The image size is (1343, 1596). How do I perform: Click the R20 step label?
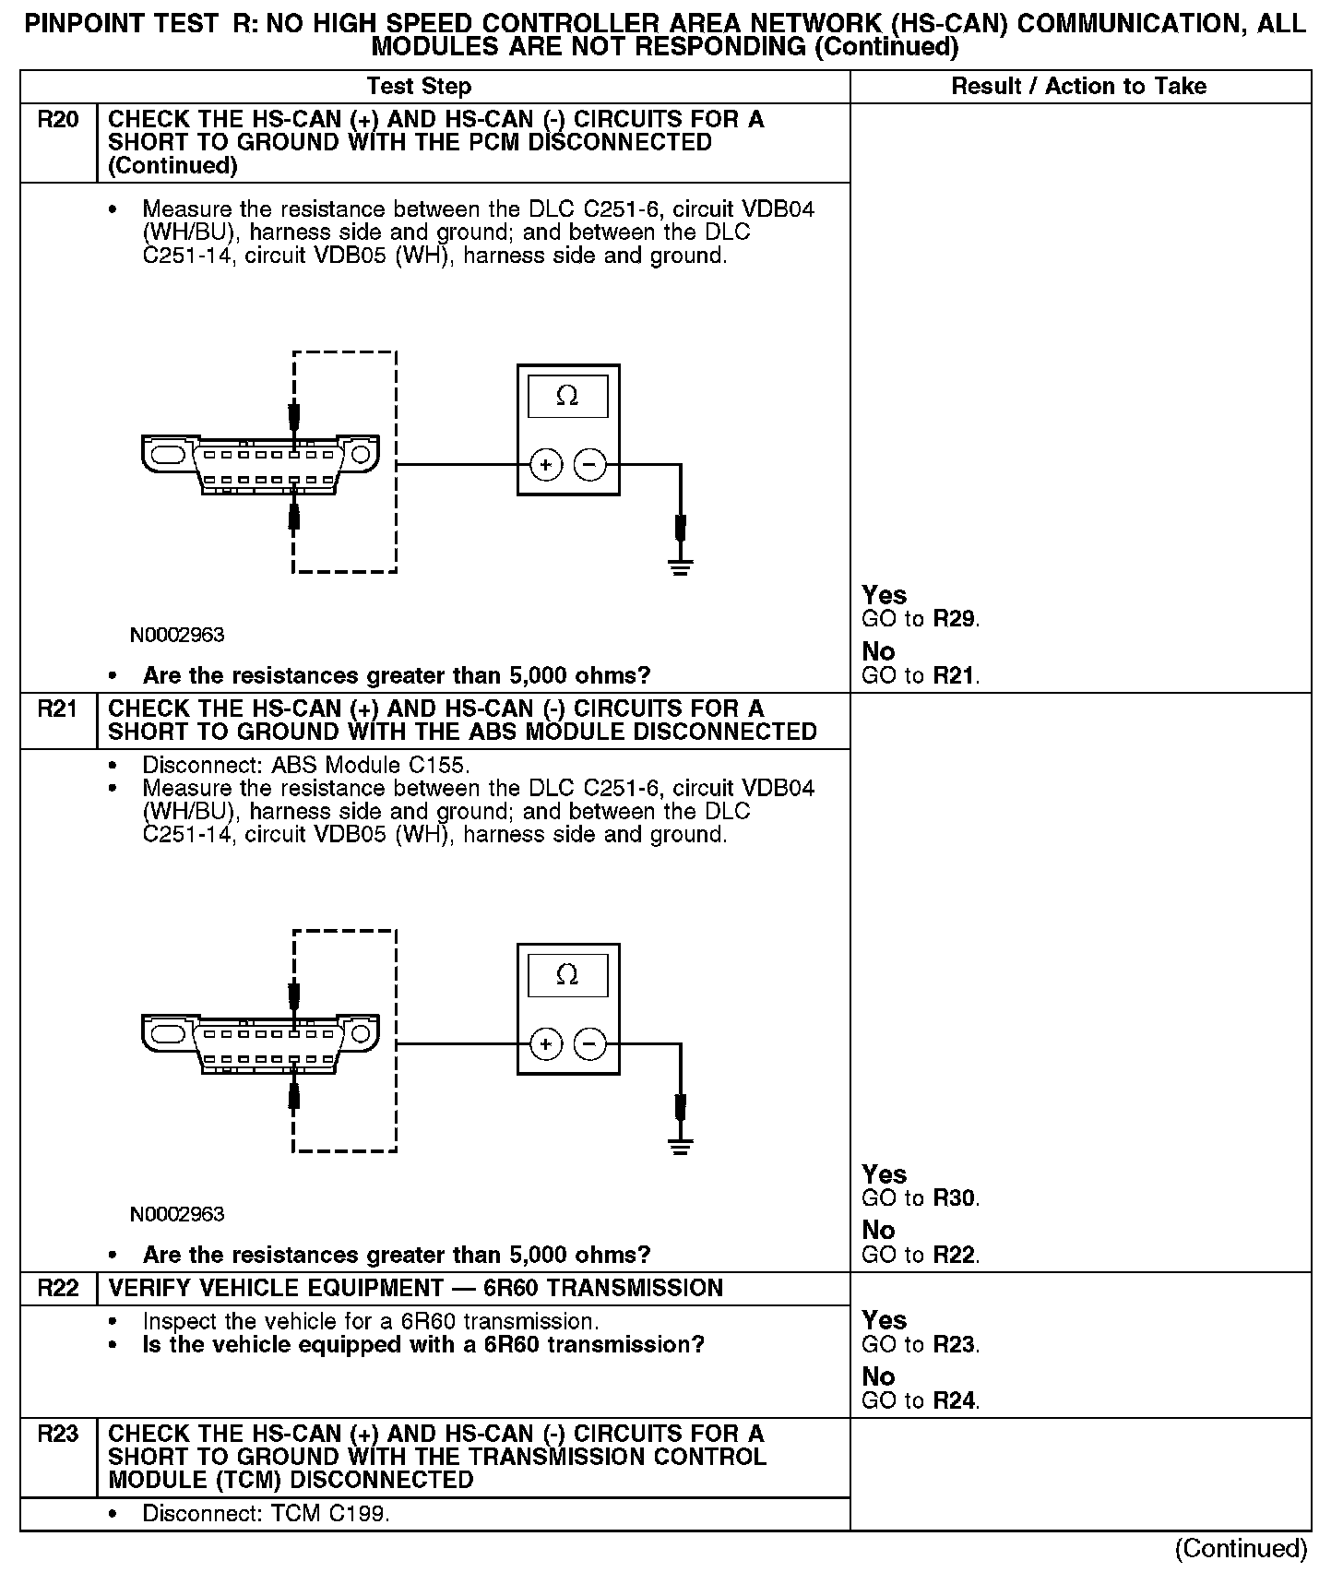[x=57, y=120]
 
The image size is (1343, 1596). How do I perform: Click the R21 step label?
[x=57, y=709]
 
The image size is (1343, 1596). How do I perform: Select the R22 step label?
[x=57, y=1288]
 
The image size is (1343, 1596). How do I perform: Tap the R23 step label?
[x=57, y=1434]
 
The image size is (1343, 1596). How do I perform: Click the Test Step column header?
[x=419, y=87]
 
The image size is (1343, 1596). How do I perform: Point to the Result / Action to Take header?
[x=1078, y=87]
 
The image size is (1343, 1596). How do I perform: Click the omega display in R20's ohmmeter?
[x=567, y=397]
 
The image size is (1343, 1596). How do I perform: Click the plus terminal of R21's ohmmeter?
[x=546, y=1044]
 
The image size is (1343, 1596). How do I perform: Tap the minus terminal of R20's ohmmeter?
[x=590, y=465]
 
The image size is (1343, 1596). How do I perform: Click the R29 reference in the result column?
[x=954, y=619]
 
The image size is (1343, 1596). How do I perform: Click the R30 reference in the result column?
[x=954, y=1198]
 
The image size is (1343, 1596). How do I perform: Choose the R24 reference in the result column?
[x=954, y=1400]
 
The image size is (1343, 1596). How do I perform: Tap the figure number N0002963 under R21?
[x=177, y=1214]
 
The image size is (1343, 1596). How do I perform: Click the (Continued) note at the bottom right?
[x=1241, y=1549]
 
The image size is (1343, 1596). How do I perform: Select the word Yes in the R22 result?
[x=884, y=1320]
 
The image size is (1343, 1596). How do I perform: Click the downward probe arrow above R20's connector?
[x=294, y=417]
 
